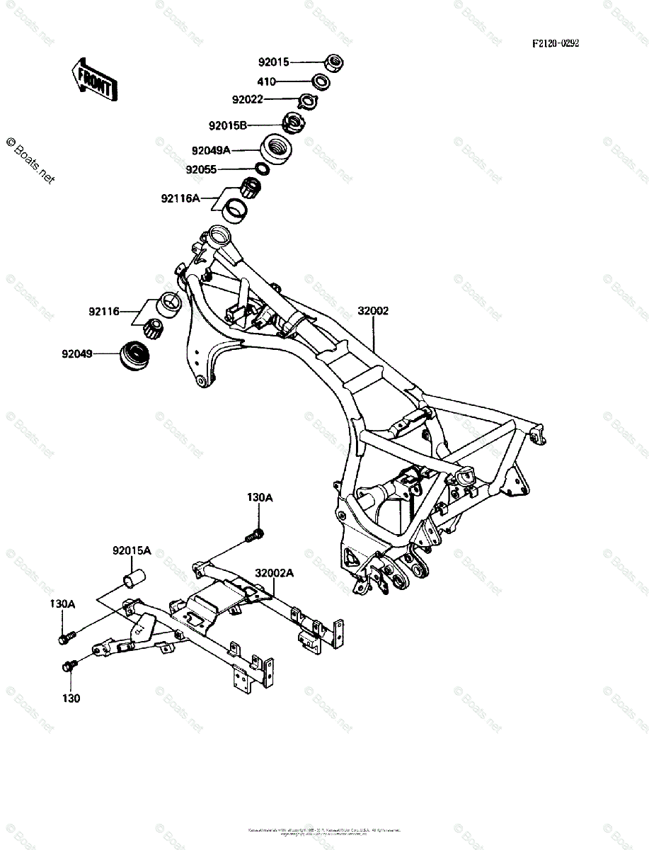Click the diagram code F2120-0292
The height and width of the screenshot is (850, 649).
tap(556, 43)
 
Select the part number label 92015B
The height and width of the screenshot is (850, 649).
tap(227, 126)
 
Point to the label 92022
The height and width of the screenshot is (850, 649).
tap(247, 100)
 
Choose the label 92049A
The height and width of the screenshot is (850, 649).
tap(211, 150)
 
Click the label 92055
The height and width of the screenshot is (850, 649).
tap(201, 170)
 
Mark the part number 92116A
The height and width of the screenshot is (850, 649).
tap(180, 198)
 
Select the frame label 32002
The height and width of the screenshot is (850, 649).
tap(373, 310)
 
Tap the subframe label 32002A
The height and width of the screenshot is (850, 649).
tap(275, 574)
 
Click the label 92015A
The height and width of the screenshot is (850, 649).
tap(132, 550)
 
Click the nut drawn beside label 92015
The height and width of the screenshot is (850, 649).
tap(334, 62)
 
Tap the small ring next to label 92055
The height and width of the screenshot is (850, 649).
tap(261, 169)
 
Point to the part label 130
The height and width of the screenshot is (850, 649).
tap(71, 698)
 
